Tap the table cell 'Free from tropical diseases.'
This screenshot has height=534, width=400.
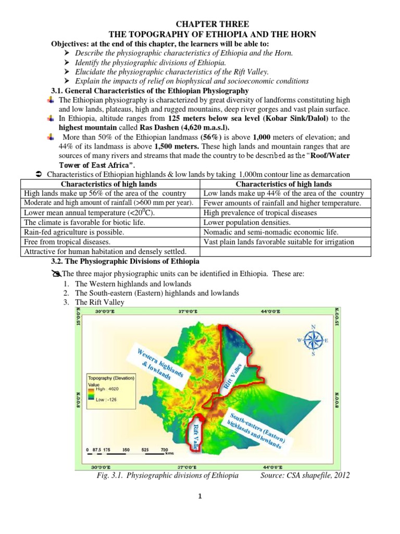pyautogui.click(x=64, y=242)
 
